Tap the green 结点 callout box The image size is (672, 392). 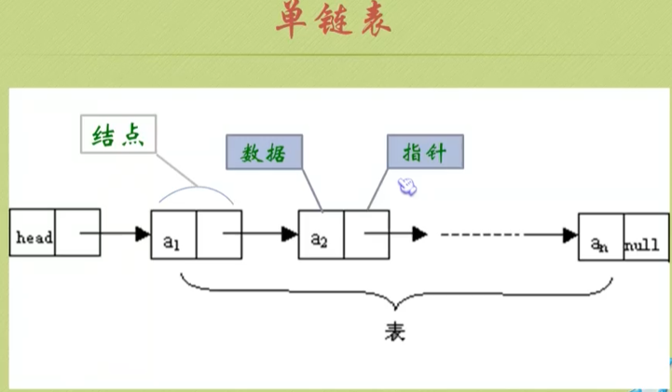click(x=117, y=136)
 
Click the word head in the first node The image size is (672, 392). click(x=34, y=238)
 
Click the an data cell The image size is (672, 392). click(x=600, y=245)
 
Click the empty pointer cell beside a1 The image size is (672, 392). click(x=219, y=234)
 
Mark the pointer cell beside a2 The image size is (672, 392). click(x=365, y=233)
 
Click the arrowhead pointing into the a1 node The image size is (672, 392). click(x=143, y=231)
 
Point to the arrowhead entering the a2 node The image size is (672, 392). click(x=290, y=232)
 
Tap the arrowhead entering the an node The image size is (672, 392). click(x=569, y=234)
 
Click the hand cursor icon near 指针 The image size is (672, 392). click(x=407, y=188)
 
